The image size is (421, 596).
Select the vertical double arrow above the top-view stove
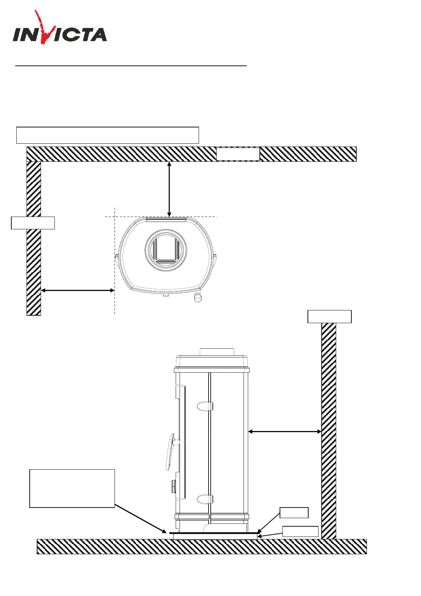169,189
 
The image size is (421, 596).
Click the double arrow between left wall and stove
78,291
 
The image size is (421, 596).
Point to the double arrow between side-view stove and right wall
285,431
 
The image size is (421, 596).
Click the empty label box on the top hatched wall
238,154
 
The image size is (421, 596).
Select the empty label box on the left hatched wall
33,223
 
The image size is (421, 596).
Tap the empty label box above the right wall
329,316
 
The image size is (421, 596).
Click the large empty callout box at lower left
72,488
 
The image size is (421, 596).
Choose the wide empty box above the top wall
107,135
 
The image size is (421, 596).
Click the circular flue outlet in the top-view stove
166,250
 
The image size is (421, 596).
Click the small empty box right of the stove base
294,512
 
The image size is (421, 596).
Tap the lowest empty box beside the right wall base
300,531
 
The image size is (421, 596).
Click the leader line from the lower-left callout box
140,518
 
